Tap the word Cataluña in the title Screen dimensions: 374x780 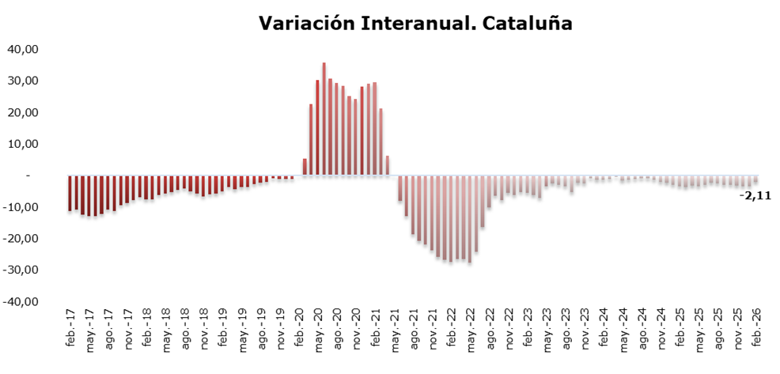point(523,24)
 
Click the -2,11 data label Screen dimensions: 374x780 point(755,195)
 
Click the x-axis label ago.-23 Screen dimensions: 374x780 point(566,331)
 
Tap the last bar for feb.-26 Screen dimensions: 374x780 point(757,179)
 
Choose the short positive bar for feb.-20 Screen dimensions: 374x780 point(305,167)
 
